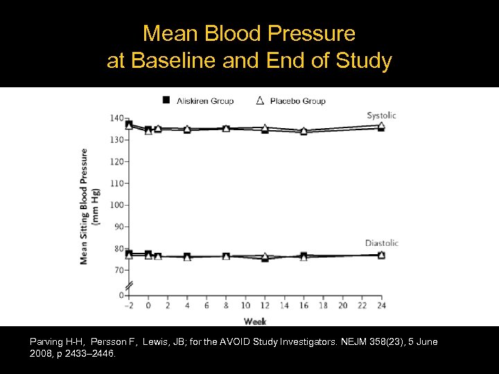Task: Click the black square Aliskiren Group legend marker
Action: pyautogui.click(x=166, y=100)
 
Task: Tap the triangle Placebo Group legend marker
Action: pyautogui.click(x=260, y=100)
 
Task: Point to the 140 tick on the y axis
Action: pyautogui.click(x=116, y=118)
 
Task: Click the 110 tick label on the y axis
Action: pyautogui.click(x=116, y=184)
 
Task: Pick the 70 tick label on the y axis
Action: pyautogui.click(x=118, y=270)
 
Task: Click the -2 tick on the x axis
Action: pyautogui.click(x=128, y=305)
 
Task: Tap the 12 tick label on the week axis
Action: pyautogui.click(x=265, y=305)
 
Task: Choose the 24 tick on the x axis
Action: pyautogui.click(x=381, y=305)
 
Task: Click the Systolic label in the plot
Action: pyautogui.click(x=383, y=115)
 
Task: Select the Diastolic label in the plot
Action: pyautogui.click(x=382, y=243)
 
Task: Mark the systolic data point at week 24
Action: pyautogui.click(x=381, y=127)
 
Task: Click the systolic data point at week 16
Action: pyautogui.click(x=304, y=131)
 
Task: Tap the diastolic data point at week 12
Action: pyautogui.click(x=265, y=258)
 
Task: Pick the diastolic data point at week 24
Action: pyautogui.click(x=381, y=255)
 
